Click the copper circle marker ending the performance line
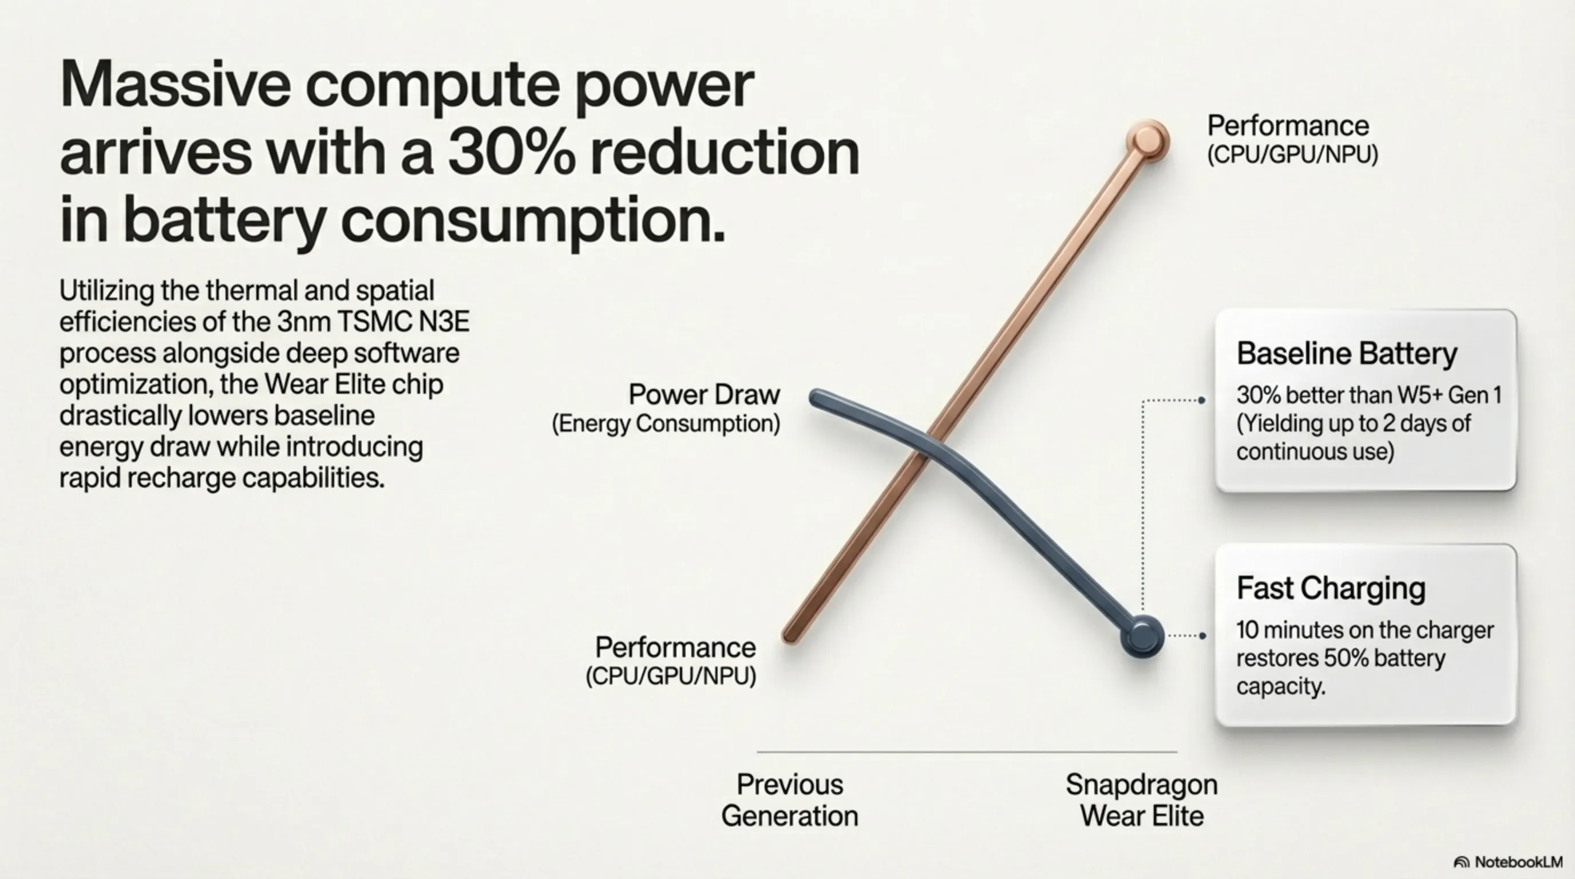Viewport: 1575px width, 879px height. point(1147,141)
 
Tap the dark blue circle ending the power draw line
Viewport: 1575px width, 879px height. point(1142,636)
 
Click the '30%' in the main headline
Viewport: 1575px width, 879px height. point(511,152)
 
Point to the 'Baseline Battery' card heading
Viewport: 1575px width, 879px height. point(1346,353)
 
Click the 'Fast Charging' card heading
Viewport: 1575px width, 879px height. point(1331,588)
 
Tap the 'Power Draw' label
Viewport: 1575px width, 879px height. point(705,394)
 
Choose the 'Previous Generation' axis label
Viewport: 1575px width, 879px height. point(789,800)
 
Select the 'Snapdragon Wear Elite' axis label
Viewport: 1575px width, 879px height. point(1142,800)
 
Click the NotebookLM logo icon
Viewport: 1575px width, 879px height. point(1461,862)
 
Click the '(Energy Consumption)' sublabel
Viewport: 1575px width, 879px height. point(666,423)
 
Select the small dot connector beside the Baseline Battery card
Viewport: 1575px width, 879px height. point(1201,401)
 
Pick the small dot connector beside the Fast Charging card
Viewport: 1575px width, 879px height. point(1202,636)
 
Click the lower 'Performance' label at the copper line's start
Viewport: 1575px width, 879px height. point(675,647)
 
